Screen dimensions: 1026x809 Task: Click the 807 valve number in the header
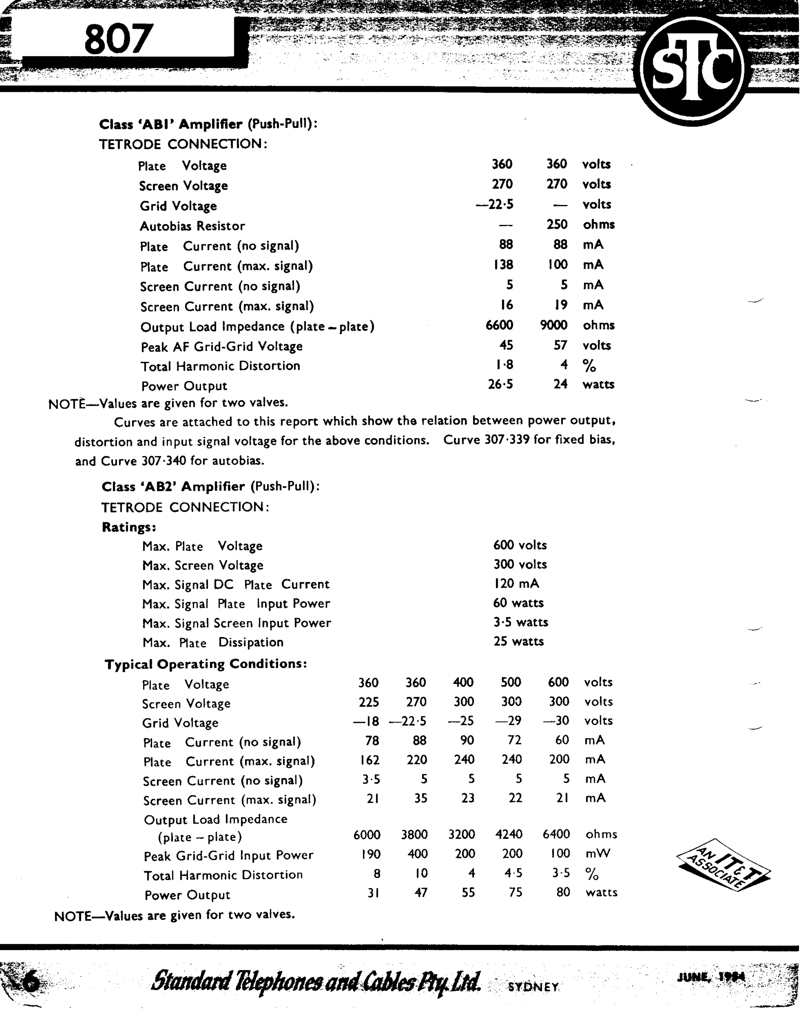pos(119,39)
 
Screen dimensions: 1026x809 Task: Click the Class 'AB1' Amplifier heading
pos(208,124)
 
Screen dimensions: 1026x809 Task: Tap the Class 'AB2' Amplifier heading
pos(210,487)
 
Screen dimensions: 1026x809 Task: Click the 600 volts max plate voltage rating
pos(519,545)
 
